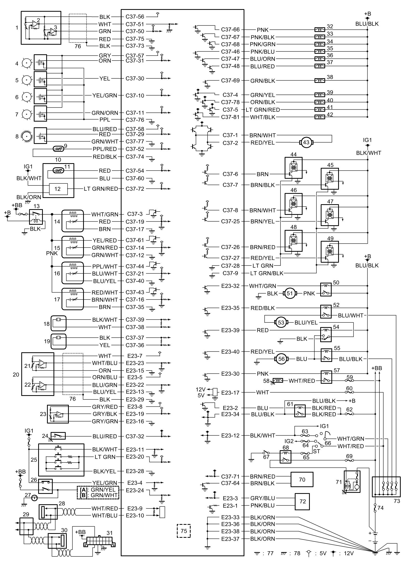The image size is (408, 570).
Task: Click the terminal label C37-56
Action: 135,17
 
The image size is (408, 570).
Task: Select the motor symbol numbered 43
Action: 306,142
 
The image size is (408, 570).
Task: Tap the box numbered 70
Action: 302,479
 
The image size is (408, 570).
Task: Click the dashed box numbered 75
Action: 184,531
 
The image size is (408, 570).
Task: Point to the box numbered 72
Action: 303,501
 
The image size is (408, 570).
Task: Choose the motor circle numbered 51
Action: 290,294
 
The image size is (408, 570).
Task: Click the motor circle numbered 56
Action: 282,359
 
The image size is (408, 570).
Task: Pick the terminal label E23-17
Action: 230,393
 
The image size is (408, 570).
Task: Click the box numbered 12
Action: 57,189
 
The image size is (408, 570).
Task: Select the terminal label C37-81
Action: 230,117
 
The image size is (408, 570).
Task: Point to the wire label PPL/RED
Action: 105,149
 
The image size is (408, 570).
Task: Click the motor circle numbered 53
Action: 281,323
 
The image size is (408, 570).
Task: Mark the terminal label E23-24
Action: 135,490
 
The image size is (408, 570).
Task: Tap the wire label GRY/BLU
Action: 263,498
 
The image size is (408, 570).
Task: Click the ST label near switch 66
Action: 316,451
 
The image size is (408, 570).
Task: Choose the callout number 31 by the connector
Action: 110,533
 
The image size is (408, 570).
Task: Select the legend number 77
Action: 270,560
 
